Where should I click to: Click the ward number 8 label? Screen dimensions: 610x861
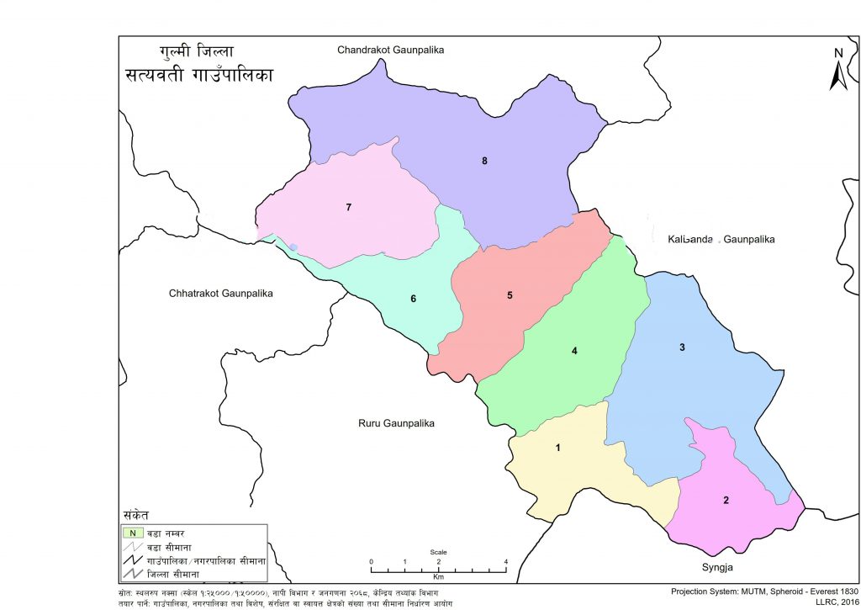pos(484,161)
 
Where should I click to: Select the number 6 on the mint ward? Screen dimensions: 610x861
pos(413,299)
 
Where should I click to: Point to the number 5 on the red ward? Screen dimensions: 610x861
pos(510,295)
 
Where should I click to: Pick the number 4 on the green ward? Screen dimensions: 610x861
pos(574,351)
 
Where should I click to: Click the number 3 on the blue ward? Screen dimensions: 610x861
pos(682,347)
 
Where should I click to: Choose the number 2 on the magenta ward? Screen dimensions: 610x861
pos(726,501)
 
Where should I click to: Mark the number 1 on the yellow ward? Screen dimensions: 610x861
pos(557,448)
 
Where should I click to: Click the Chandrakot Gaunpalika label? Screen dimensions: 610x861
pos(390,50)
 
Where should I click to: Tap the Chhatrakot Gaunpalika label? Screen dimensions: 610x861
pos(222,294)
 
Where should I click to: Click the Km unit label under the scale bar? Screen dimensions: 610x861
pos(438,577)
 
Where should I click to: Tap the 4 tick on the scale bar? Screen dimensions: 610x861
pos(505,561)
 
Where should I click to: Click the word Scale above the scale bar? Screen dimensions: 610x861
pos(438,552)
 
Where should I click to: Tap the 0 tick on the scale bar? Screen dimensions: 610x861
pos(372,561)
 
